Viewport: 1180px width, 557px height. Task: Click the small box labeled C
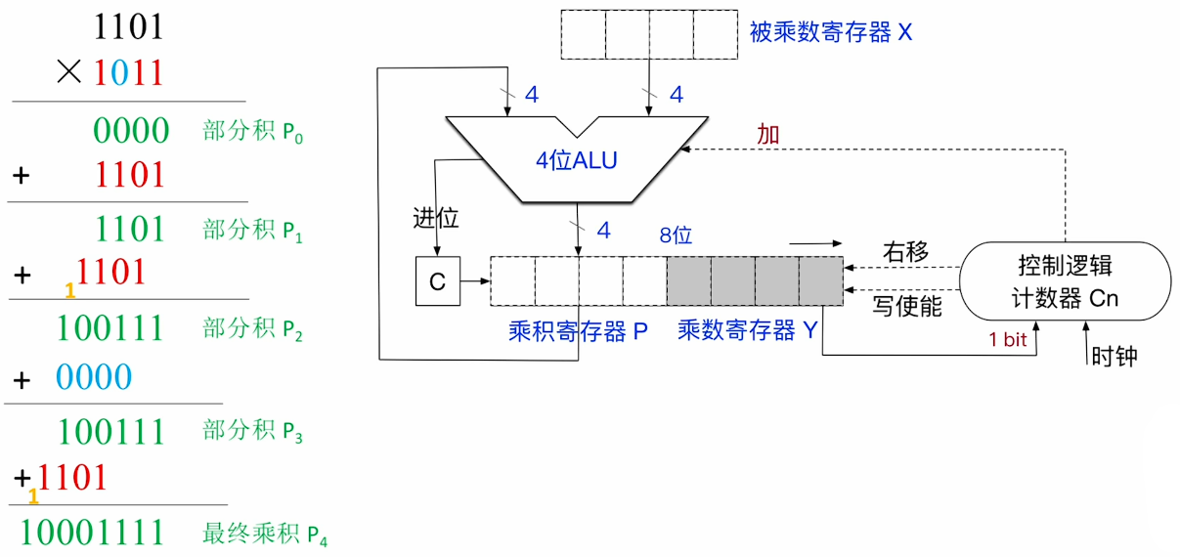pos(437,281)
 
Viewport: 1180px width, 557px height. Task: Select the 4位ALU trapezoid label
pos(577,160)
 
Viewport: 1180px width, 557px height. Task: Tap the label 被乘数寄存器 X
pos(830,33)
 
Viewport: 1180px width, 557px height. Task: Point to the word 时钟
pos(1114,356)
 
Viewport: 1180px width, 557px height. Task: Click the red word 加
pos(768,135)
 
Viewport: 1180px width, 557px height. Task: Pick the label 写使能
pos(906,306)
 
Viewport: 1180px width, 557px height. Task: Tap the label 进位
pos(435,218)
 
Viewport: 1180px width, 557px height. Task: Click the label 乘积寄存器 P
pos(578,331)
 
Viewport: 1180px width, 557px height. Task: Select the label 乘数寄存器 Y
pos(747,331)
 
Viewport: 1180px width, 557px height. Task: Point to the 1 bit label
pos(1007,340)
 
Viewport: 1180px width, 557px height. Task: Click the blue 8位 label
pos(676,236)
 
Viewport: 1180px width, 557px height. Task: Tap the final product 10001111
pos(92,533)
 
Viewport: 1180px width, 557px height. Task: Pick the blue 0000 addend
pos(93,376)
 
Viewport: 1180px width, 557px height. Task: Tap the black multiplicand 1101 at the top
pos(128,26)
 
